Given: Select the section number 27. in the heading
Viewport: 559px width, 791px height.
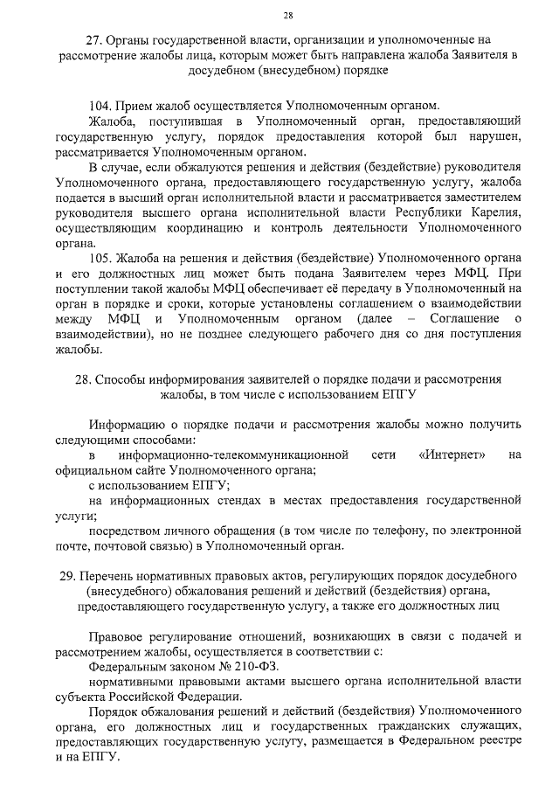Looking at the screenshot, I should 93,40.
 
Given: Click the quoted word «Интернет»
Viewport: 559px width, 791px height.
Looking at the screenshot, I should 452,455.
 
